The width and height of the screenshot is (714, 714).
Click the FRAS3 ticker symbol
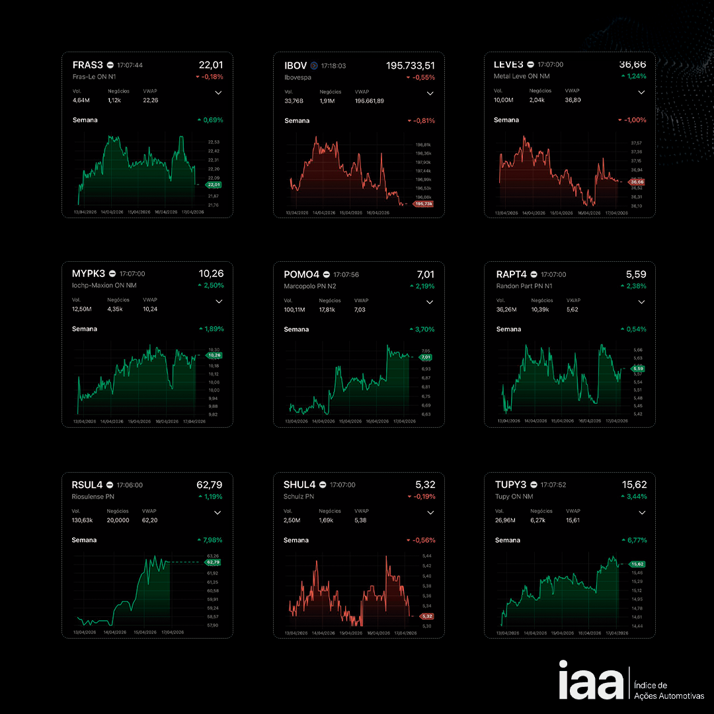coord(88,65)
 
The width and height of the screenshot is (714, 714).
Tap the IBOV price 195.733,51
coord(410,65)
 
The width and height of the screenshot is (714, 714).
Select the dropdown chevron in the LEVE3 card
coord(641,93)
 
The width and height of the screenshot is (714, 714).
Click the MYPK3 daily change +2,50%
coord(211,286)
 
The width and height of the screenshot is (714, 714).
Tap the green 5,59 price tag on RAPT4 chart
coord(637,368)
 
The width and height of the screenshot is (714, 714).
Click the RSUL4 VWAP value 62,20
coord(150,520)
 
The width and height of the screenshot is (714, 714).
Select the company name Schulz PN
coord(299,496)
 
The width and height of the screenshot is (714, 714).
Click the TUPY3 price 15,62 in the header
coord(634,485)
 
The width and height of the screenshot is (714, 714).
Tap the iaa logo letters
coord(590,681)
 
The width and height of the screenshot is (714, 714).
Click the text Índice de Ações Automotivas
coord(668,691)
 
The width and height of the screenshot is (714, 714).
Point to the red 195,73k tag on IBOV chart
coord(423,204)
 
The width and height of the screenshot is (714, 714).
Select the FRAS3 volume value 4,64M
coord(82,100)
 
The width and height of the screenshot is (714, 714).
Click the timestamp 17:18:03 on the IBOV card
coord(333,66)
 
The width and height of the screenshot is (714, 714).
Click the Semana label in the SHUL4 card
coord(296,540)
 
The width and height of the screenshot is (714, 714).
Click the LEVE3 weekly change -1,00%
coord(633,120)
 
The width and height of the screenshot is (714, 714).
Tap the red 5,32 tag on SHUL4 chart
coord(426,616)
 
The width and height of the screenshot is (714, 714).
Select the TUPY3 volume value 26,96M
coord(506,520)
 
